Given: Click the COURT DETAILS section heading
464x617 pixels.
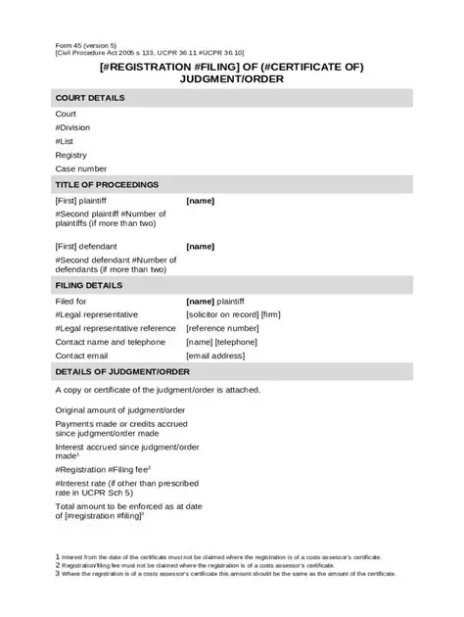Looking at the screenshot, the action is (90, 98).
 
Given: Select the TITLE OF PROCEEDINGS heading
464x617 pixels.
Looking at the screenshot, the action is (107, 184).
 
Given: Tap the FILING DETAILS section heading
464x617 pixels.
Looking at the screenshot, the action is (89, 285).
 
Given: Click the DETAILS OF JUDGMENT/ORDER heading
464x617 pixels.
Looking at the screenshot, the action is (122, 372).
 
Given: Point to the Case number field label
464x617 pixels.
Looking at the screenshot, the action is (81, 168).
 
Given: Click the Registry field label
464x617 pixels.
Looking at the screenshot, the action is (71, 155).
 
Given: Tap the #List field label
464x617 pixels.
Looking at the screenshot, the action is (65, 141).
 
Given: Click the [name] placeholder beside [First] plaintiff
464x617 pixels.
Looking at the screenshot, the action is (200, 201).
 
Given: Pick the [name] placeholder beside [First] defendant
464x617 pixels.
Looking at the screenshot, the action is (200, 246).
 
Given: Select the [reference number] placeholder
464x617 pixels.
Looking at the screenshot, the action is (222, 328).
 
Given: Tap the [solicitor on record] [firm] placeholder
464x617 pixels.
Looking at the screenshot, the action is (233, 314).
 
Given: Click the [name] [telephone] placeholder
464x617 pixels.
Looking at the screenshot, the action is (221, 343).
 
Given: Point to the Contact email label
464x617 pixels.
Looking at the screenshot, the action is (81, 356).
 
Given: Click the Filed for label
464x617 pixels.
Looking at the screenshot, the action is (71, 301).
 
